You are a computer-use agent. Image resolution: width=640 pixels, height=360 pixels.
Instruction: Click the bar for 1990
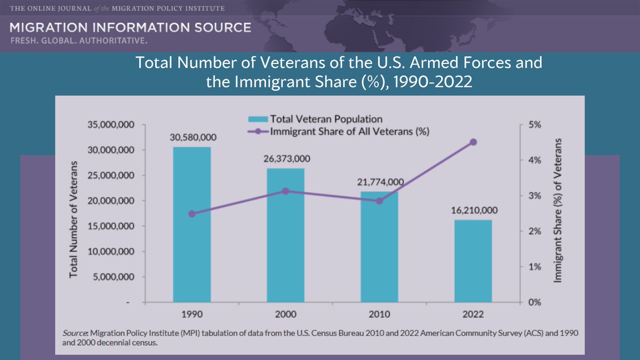(192, 224)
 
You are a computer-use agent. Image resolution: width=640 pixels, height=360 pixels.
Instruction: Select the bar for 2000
(285, 235)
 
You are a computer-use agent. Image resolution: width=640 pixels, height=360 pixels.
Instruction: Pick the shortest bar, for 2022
(473, 261)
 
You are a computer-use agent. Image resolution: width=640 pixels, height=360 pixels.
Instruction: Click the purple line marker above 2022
(473, 142)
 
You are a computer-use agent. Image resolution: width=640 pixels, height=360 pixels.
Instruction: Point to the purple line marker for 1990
(192, 214)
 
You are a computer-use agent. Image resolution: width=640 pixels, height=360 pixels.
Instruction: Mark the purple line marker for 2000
(285, 191)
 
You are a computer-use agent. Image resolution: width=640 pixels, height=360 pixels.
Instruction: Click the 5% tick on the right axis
(534, 124)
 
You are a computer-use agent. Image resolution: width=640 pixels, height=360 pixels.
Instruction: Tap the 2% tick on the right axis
(534, 231)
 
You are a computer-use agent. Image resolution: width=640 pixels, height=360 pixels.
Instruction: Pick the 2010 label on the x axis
(379, 314)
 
